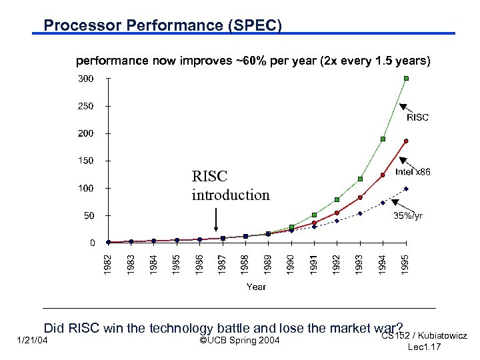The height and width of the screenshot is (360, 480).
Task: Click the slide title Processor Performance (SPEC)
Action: (x=163, y=25)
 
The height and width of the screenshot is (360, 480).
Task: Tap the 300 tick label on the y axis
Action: (x=86, y=79)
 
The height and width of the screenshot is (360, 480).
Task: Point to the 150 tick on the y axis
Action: (x=86, y=161)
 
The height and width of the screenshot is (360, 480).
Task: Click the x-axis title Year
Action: (x=256, y=287)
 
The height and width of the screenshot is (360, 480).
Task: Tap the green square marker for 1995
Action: (x=406, y=78)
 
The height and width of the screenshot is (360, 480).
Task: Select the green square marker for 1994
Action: (x=383, y=139)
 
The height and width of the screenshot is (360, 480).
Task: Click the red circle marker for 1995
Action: (x=406, y=141)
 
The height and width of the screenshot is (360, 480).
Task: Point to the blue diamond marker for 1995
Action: (x=406, y=189)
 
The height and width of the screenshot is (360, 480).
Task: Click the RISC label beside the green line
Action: (x=418, y=117)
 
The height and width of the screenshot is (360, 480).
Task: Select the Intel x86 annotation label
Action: (x=413, y=171)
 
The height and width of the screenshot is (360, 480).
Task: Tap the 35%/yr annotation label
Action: (x=407, y=216)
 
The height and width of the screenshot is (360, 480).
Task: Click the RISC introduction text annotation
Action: (x=231, y=186)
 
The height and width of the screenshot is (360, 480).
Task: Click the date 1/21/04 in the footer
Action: (x=31, y=341)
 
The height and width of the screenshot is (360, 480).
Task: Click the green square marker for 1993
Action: (x=360, y=179)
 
